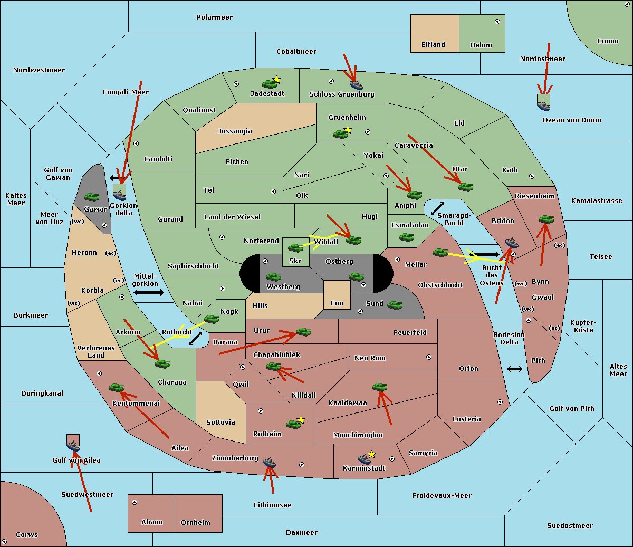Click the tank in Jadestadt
pos(269,84)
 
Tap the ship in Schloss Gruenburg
pos(356,84)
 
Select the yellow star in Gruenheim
pos(348,130)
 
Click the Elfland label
pos(433,45)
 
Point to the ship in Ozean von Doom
pos(543,105)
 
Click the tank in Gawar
pos(92,197)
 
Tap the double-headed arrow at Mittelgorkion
pos(148,292)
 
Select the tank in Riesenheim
pos(546,219)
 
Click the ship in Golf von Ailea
pos(73,446)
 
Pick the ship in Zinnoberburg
pos(270,463)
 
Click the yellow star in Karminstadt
pos(372,454)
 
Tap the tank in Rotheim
pos(293,424)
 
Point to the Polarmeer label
pos(214,17)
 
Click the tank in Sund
pos(395,305)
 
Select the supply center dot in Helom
pos(497,22)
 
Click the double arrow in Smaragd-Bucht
pos(437,208)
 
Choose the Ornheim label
pos(195,522)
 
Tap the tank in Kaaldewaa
pos(379,387)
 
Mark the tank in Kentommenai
pos(117,388)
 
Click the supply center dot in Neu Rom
pos(429,357)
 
